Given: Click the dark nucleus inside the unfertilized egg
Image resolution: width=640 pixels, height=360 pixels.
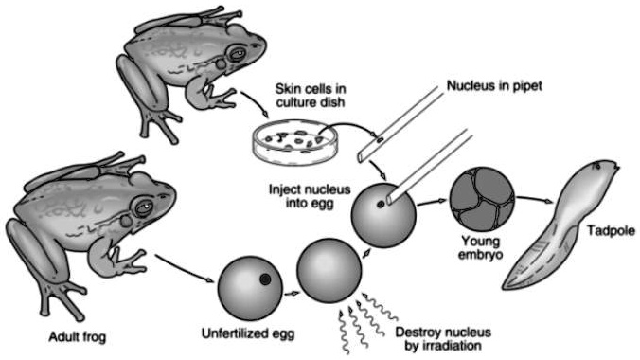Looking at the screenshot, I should [x=266, y=279].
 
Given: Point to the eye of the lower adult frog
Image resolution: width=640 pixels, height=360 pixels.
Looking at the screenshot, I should [x=144, y=205].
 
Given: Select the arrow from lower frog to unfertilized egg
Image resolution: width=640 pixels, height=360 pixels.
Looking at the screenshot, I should [x=186, y=266].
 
